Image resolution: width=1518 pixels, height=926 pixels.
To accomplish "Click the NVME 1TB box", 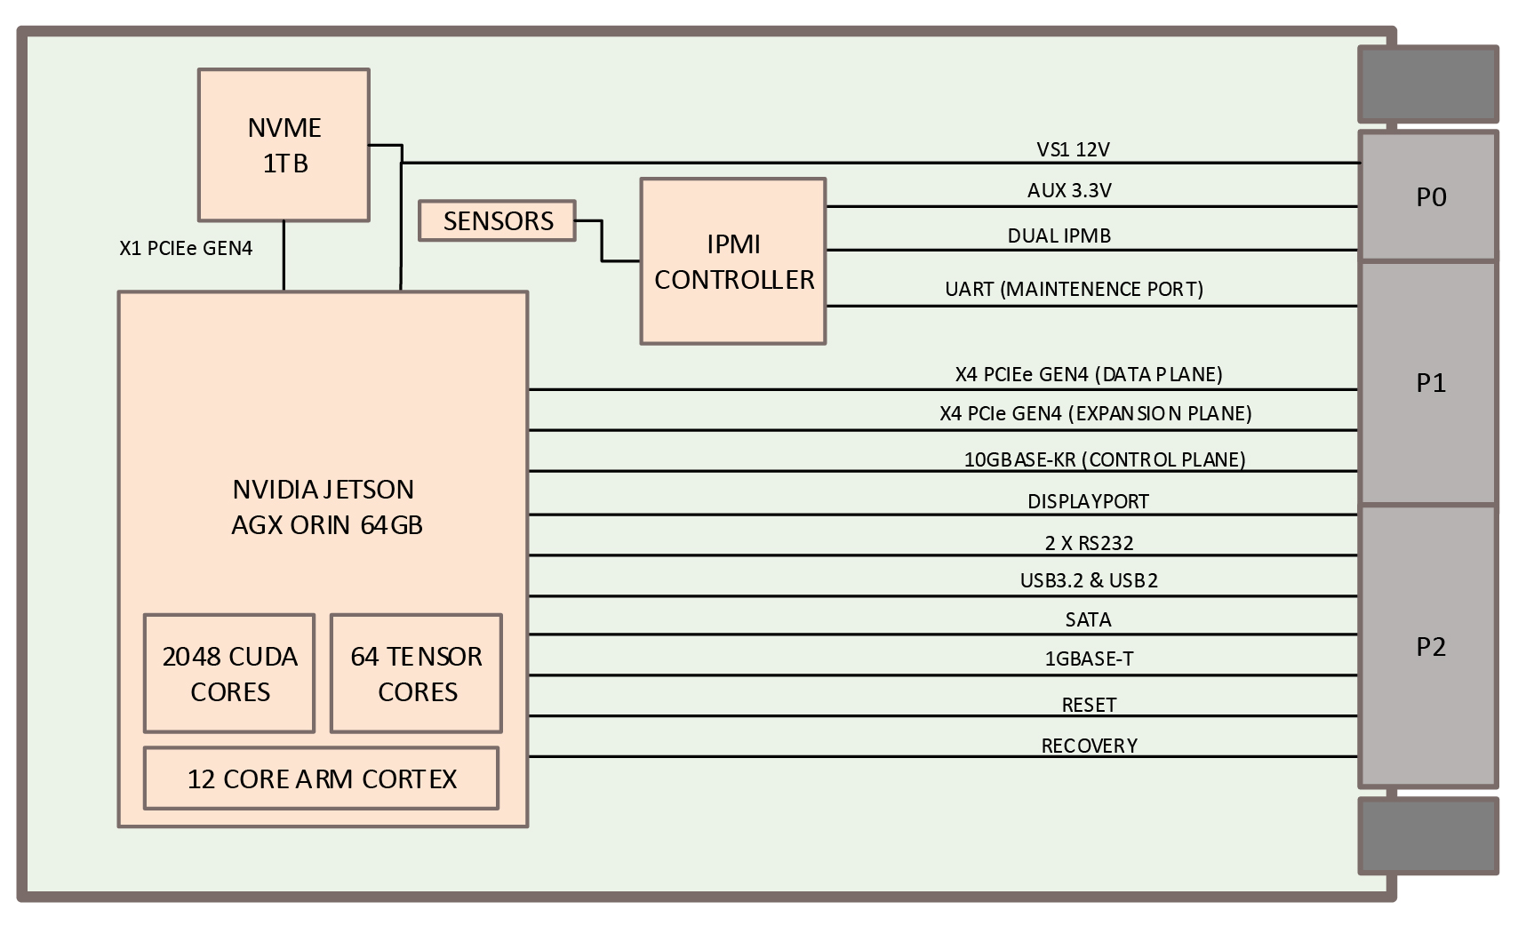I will [x=284, y=145].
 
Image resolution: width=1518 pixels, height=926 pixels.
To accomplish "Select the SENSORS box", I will [x=498, y=220].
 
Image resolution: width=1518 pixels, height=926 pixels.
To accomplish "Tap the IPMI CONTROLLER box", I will [x=733, y=261].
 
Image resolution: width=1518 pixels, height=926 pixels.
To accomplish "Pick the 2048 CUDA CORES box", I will [x=229, y=674].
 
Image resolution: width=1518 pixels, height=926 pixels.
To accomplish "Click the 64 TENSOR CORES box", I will [x=416, y=674].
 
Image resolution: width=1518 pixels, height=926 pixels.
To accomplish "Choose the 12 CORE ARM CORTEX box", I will [x=321, y=778].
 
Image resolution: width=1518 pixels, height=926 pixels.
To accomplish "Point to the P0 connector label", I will [x=1430, y=196].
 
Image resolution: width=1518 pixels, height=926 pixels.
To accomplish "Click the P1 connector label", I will [x=1430, y=382].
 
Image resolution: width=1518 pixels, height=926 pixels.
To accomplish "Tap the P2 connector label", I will [x=1430, y=646].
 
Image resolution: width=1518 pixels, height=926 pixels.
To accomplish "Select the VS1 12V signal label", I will [x=1073, y=149].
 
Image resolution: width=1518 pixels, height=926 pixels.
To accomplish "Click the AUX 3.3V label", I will [x=1069, y=190].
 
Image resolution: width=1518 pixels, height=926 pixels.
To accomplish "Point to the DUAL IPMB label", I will [x=1059, y=235].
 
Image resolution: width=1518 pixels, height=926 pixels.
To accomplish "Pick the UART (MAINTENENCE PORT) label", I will [x=1074, y=289].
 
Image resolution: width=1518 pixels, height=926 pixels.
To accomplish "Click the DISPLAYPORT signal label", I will [x=1088, y=501].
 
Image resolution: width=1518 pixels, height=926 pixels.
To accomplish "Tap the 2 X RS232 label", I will [x=1088, y=543].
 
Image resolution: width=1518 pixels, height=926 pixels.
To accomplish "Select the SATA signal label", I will [x=1088, y=619].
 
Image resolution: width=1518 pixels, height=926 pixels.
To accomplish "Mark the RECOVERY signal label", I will [x=1089, y=746].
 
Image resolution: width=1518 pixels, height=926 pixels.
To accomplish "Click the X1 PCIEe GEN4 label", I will [x=186, y=248].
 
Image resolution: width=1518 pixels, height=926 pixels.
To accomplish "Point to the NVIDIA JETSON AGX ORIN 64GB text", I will [x=325, y=507].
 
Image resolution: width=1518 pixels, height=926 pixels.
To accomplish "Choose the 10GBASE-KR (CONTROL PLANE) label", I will [x=1104, y=459].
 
